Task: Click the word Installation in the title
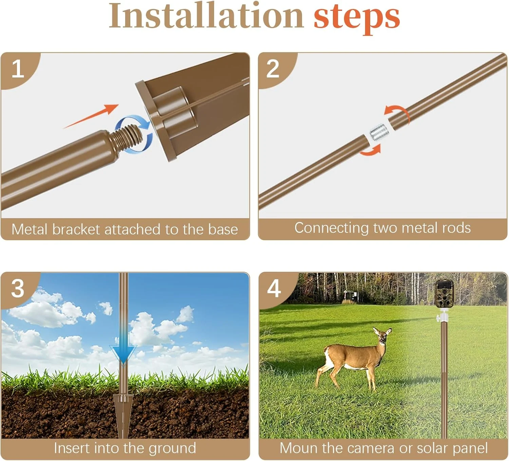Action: tap(206, 16)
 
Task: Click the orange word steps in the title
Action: tap(357, 19)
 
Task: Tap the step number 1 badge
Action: tap(18, 69)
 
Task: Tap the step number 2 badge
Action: tap(273, 69)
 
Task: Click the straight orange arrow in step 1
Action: tap(91, 116)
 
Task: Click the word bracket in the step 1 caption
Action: tap(76, 230)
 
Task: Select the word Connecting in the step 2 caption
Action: tap(332, 228)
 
